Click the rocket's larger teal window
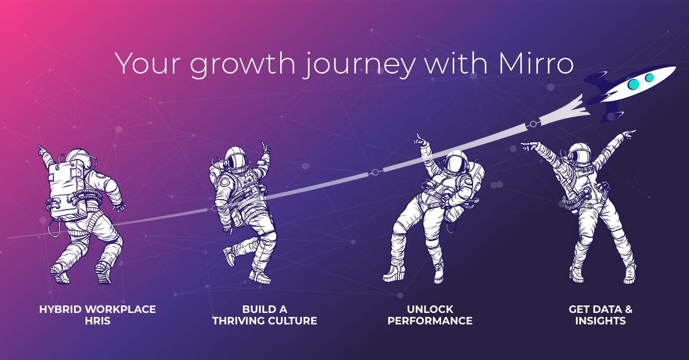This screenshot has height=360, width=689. pyautogui.click(x=633, y=84)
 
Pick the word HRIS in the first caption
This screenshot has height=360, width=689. pyautogui.click(x=97, y=320)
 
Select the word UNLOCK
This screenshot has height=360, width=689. pyautogui.click(x=429, y=309)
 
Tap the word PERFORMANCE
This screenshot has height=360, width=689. pyautogui.click(x=429, y=320)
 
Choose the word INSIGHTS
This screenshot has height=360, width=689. pyautogui.click(x=601, y=320)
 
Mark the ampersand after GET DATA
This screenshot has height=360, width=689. pyautogui.click(x=628, y=309)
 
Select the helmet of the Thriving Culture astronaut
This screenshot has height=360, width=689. pyautogui.click(x=235, y=157)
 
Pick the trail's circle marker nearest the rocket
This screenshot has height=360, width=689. pyautogui.click(x=532, y=123)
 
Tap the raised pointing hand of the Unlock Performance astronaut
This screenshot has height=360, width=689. pyautogui.click(x=419, y=138)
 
